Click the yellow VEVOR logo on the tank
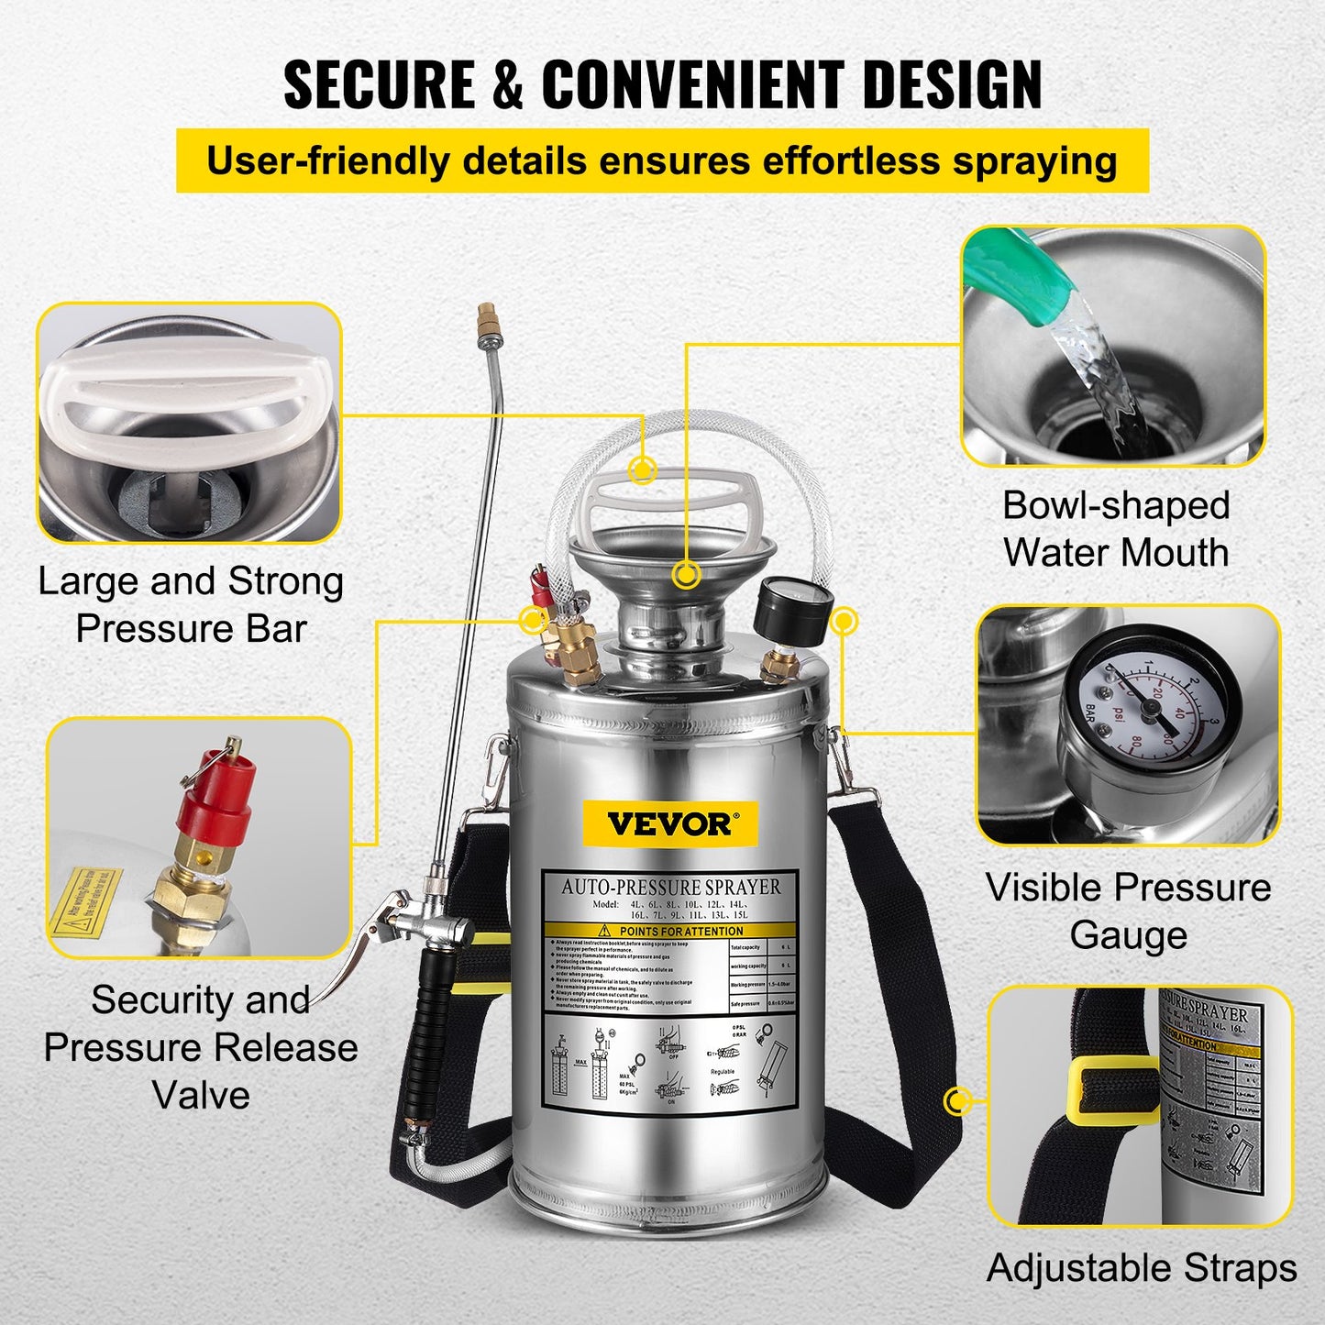coord(670,823)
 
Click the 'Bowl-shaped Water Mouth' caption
coord(1115,529)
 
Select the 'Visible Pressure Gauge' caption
coord(1128,911)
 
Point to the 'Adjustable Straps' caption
coord(1142,1268)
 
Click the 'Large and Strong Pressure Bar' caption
coord(191,605)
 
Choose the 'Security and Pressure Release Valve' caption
coord(201,1046)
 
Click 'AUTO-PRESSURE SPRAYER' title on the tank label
coord(671,887)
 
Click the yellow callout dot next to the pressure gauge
coord(843,621)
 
